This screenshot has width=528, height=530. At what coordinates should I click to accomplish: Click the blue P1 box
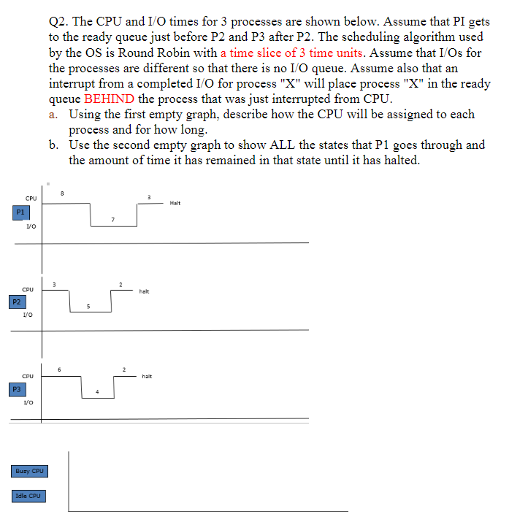(21, 212)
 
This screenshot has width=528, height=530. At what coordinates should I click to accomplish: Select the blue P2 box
(16, 301)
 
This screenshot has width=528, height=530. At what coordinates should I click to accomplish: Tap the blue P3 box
(16, 390)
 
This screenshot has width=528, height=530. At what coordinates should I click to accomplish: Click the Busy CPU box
(30, 471)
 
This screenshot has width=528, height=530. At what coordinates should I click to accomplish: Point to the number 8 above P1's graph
(63, 193)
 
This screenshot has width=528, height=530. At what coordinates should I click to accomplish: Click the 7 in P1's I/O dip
(112, 219)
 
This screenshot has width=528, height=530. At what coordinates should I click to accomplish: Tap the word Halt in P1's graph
(175, 203)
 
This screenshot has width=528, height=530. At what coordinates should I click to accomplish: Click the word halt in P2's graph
(144, 291)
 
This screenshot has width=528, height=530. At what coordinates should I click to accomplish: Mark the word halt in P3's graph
(147, 377)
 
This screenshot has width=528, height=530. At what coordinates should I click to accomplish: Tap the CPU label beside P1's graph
(31, 198)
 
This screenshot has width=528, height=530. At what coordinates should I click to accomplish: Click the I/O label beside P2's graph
(27, 314)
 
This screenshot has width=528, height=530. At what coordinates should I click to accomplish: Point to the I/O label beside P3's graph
(28, 402)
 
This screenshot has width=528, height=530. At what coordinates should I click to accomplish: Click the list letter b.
(55, 145)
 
